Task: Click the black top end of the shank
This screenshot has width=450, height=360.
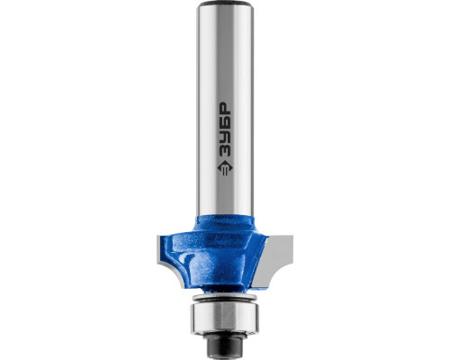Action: [225, 4]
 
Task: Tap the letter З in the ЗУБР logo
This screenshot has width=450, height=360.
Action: [225, 149]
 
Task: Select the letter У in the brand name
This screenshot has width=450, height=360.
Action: [225, 136]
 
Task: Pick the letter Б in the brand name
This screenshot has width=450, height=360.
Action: [225, 122]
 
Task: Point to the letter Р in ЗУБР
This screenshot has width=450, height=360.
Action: [225, 109]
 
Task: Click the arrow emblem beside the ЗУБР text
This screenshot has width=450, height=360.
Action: [225, 167]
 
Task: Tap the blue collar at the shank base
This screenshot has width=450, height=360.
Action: [225, 223]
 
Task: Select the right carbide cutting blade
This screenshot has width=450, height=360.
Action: [274, 259]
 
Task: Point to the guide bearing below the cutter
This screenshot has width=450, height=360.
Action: [225, 319]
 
